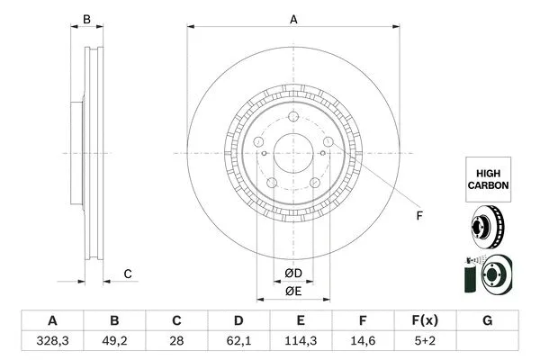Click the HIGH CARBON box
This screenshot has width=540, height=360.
[x=488, y=177]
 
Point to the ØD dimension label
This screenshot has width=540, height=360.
[x=292, y=273]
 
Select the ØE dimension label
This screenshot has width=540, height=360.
[x=292, y=290]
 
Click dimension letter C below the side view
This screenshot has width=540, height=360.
[x=128, y=274]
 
